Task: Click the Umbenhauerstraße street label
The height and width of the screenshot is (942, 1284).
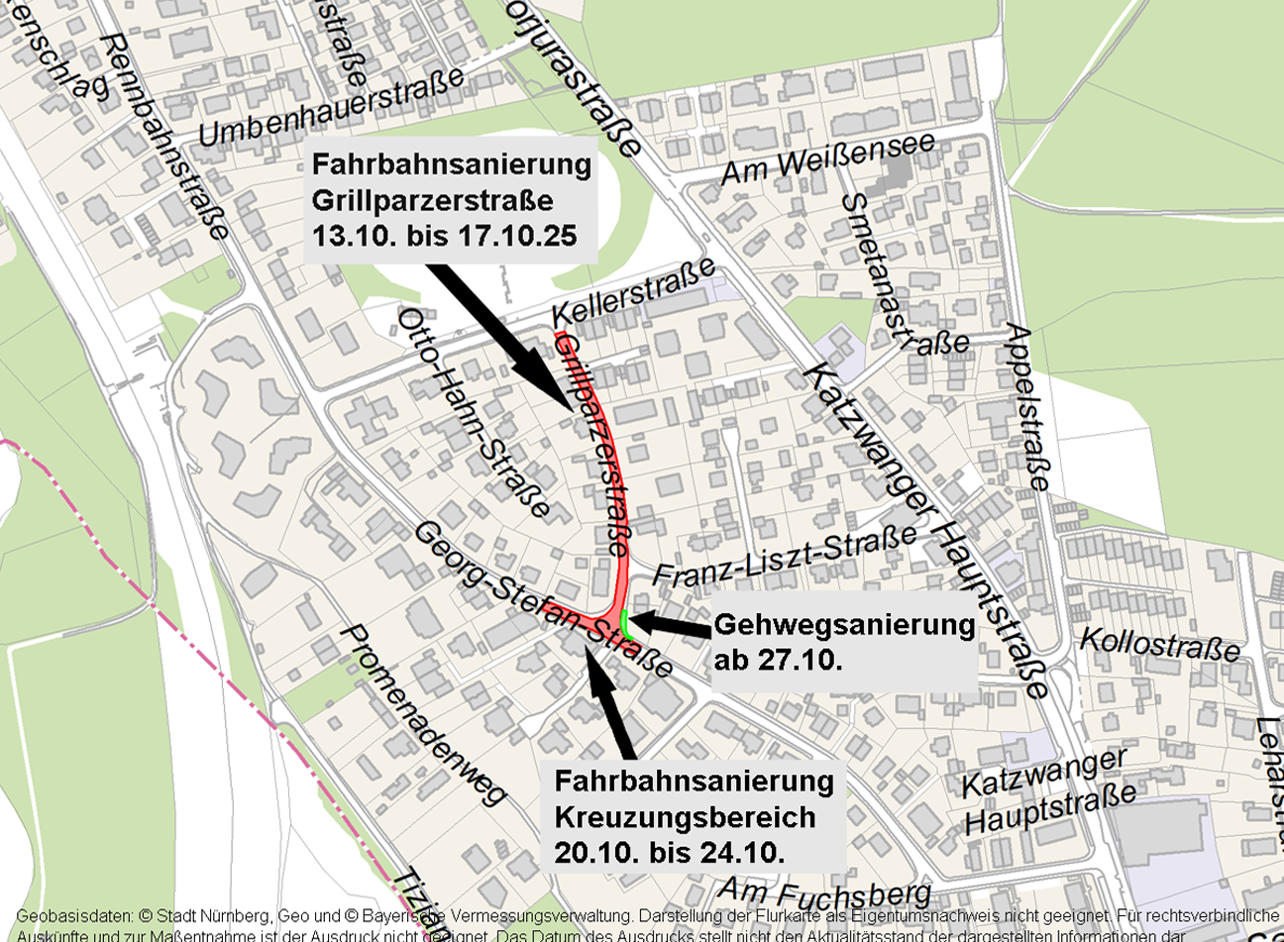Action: click(x=332, y=107)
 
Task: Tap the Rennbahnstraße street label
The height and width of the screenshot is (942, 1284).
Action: click(x=166, y=136)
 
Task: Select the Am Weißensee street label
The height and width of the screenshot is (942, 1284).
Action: click(x=827, y=159)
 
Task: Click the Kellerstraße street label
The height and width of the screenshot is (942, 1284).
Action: click(x=633, y=291)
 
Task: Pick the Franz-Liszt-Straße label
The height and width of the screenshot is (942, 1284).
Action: click(x=785, y=558)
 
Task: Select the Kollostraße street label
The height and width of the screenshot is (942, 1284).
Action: click(x=1159, y=643)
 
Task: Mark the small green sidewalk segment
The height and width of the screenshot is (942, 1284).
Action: click(x=625, y=623)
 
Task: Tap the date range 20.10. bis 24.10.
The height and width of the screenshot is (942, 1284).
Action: click(x=670, y=852)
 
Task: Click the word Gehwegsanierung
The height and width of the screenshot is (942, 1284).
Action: click(x=844, y=625)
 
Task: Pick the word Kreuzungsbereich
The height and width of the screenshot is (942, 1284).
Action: click(x=685, y=817)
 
